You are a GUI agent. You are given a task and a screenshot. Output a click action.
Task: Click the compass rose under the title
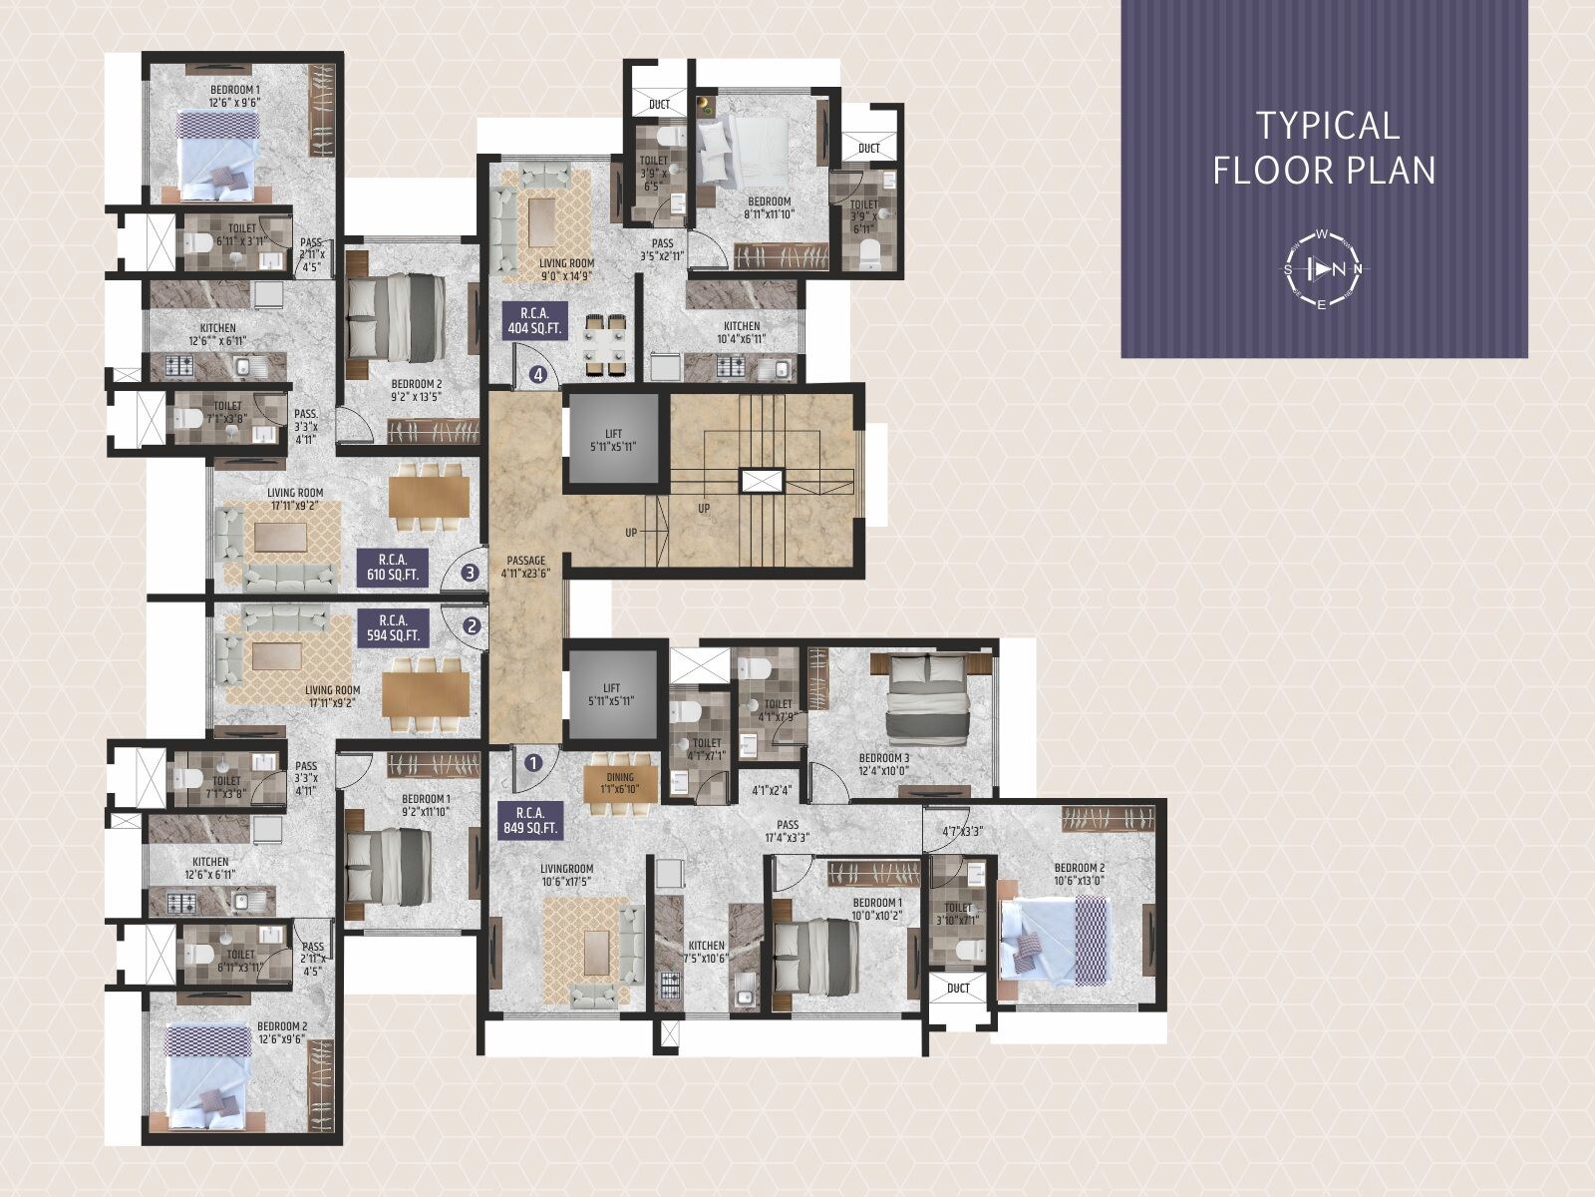click(1322, 269)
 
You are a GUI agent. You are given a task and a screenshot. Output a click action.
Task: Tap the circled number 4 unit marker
click(538, 376)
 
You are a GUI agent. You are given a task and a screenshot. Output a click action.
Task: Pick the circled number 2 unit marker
click(473, 626)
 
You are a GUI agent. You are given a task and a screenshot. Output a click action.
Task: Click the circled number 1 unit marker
click(533, 764)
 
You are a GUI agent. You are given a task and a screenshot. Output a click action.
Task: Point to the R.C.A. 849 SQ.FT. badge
click(529, 820)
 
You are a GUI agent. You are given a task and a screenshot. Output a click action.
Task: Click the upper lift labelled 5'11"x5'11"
click(612, 440)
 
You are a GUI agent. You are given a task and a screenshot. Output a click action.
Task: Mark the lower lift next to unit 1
click(612, 694)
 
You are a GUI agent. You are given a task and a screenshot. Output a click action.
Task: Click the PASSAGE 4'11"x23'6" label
click(525, 567)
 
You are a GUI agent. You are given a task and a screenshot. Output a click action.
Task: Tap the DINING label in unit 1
click(620, 784)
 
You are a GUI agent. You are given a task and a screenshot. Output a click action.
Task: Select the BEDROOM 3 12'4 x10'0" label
click(884, 764)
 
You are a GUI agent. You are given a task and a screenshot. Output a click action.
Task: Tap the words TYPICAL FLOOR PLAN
click(1325, 148)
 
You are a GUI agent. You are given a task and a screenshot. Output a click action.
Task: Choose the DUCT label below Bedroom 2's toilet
click(958, 989)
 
